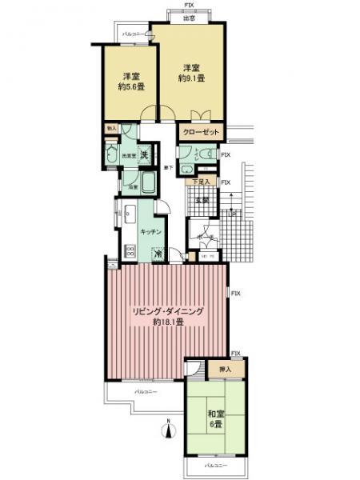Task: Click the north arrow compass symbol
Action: [x=169, y=430]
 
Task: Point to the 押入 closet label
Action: [x=225, y=370]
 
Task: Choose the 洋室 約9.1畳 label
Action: [x=189, y=73]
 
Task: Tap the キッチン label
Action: [x=151, y=230]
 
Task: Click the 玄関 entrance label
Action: [x=202, y=200]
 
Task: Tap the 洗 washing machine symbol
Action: [x=144, y=154]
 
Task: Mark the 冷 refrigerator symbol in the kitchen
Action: [x=158, y=255]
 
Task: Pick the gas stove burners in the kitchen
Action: [x=131, y=250]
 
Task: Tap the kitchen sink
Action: [x=129, y=214]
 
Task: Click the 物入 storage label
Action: [x=111, y=128]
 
